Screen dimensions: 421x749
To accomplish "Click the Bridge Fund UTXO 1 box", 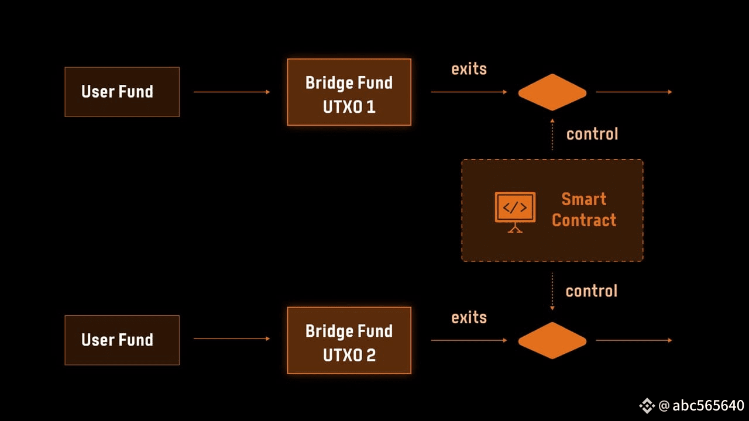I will click(x=349, y=92).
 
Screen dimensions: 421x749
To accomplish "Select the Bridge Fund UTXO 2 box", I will click(x=349, y=340).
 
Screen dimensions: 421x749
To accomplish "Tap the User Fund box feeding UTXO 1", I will click(x=122, y=92).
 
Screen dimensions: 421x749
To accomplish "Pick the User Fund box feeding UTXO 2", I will click(x=122, y=340).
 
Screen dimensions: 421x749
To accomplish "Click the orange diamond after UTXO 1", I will click(x=552, y=92).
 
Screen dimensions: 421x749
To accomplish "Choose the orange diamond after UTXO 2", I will click(x=552, y=340).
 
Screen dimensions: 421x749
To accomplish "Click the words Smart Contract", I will click(x=584, y=210).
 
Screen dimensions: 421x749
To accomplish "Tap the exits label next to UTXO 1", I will click(x=469, y=69).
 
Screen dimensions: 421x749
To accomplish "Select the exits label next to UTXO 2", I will click(x=469, y=318).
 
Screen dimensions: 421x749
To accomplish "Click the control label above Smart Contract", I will click(x=592, y=134).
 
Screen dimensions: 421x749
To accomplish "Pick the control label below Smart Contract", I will click(x=592, y=291).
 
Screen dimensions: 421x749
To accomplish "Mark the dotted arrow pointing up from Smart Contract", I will click(x=552, y=135).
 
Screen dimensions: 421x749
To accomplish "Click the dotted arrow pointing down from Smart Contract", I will click(x=552, y=291).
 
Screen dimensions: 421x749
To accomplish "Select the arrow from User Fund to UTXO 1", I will click(x=232, y=92).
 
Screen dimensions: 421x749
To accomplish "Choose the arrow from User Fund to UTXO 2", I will click(x=232, y=339).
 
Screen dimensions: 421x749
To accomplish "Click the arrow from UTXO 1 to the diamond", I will click(x=469, y=92).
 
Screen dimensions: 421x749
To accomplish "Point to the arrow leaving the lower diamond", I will click(x=634, y=340).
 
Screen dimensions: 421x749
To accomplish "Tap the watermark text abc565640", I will click(x=708, y=406).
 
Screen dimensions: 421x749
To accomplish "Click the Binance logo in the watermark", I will click(x=647, y=405).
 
